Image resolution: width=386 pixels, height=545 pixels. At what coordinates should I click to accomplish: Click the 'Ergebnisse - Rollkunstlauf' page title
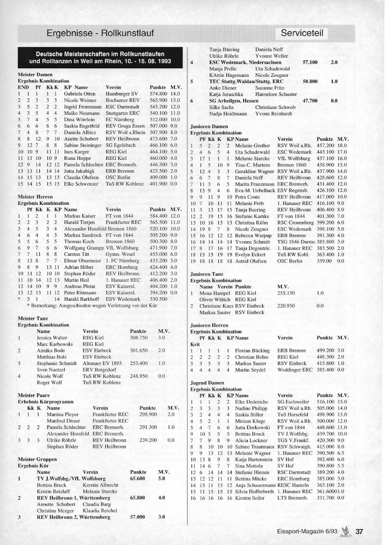click(100, 33)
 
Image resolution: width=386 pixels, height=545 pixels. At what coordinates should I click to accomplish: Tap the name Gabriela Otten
click(80, 94)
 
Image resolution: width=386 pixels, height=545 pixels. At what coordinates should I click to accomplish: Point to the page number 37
click(359, 531)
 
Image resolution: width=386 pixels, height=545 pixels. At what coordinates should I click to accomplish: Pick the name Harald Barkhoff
click(81, 299)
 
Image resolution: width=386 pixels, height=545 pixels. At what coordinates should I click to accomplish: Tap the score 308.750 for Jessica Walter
click(139, 338)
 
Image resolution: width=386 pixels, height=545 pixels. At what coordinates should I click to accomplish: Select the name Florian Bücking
click(252, 350)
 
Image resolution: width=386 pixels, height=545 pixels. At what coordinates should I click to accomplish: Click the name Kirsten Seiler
click(250, 498)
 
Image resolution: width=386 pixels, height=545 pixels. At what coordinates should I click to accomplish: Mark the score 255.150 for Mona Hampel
click(286, 293)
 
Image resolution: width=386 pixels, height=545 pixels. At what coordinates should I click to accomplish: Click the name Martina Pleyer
click(63, 415)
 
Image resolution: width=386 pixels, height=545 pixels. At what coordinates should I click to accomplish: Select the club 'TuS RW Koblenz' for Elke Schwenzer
click(124, 184)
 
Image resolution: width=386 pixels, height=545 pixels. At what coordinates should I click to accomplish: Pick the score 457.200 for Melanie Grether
click(325, 146)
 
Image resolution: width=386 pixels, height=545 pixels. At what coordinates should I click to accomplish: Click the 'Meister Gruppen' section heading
click(37, 459)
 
